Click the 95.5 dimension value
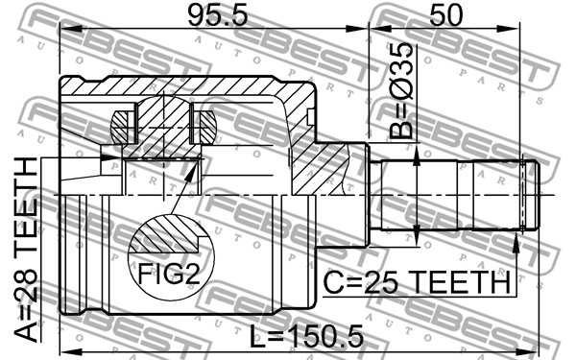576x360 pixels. [x=218, y=15]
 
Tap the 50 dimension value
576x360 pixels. [x=445, y=15]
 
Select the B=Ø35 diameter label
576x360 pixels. [x=401, y=90]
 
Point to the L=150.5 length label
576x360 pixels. [x=306, y=337]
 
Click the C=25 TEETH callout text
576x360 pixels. [x=418, y=282]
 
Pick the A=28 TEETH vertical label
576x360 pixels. [x=26, y=250]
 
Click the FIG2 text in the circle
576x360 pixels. [x=169, y=274]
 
